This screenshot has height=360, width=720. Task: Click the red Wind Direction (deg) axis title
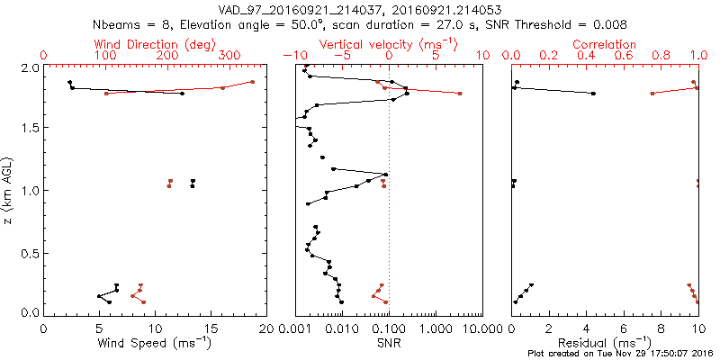point(154,44)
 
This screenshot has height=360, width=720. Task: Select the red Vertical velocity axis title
point(389,44)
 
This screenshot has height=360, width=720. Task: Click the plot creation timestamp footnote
point(621,354)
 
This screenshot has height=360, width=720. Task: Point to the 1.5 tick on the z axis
point(29,128)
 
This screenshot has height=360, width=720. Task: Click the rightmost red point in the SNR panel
point(460,94)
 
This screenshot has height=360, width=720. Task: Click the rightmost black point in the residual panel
point(593,94)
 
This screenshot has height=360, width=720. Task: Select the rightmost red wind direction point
point(253,82)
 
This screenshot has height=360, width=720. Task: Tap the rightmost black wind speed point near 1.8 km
point(182,94)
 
